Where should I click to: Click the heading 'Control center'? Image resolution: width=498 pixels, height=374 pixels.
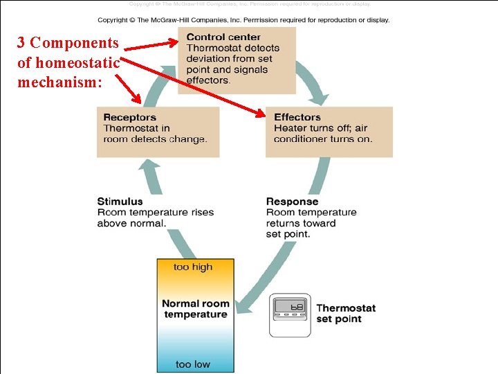[x=223, y=37]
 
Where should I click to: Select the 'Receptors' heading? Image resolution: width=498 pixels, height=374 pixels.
[x=129, y=117]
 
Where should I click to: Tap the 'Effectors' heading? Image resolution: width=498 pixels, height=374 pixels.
[x=297, y=117]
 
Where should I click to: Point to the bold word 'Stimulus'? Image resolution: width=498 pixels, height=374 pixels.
[x=120, y=202]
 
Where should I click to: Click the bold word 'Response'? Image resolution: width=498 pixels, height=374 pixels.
[x=292, y=202]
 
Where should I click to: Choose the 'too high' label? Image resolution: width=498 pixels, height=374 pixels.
[x=194, y=267]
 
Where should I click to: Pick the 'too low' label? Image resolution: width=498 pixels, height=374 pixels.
[x=193, y=364]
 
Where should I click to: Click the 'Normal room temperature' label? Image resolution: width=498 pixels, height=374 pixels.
[x=195, y=309]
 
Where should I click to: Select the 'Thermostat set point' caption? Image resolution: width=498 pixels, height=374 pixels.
[x=346, y=314]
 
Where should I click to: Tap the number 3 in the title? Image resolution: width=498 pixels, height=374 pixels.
[x=21, y=43]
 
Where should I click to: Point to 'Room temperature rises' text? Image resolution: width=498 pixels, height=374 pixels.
[x=156, y=213]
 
